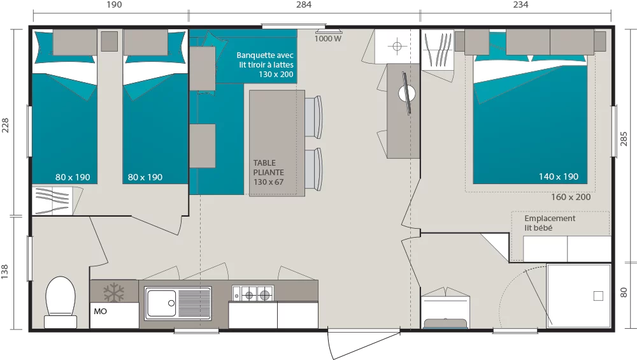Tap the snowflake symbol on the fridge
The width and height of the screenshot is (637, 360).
(x=114, y=292)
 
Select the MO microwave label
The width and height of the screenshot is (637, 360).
(x=101, y=311)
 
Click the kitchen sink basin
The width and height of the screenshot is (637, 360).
(x=161, y=303)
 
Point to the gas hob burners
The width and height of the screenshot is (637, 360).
(x=253, y=293)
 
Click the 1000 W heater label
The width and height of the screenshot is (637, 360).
(x=328, y=39)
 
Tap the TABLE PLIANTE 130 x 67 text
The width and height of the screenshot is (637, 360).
(x=269, y=172)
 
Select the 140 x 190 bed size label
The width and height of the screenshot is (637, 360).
(x=559, y=176)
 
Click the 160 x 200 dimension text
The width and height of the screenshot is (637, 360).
(x=571, y=197)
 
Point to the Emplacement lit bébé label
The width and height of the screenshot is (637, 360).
(x=550, y=223)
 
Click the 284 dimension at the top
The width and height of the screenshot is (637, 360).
(x=304, y=4)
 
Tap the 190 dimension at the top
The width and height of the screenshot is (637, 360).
(x=114, y=4)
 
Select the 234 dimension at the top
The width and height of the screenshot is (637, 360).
(x=520, y=4)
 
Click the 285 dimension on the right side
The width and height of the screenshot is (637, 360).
(x=624, y=139)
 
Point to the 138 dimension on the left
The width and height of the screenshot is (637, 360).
(x=4, y=271)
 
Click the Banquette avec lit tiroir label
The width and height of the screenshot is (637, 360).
(x=265, y=64)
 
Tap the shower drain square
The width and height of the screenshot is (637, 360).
(x=598, y=296)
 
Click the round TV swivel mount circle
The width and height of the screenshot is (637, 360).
(x=406, y=94)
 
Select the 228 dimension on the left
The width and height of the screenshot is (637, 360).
(x=4, y=125)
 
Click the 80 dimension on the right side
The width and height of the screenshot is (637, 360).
(x=624, y=292)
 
